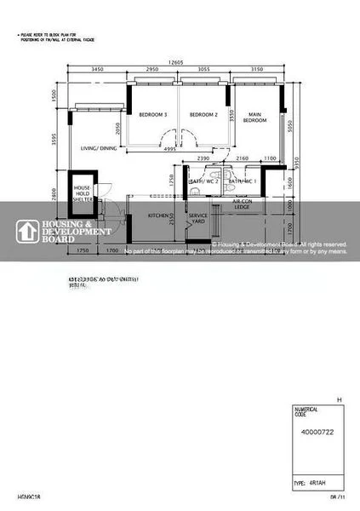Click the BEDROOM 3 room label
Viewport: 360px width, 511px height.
click(153, 114)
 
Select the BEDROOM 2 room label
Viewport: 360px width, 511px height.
click(204, 114)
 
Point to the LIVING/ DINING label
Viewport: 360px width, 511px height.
click(99, 148)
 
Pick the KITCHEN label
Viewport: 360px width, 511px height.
click(161, 215)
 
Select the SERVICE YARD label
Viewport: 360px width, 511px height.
click(198, 219)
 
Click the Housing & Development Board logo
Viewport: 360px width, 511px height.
click(64, 231)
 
